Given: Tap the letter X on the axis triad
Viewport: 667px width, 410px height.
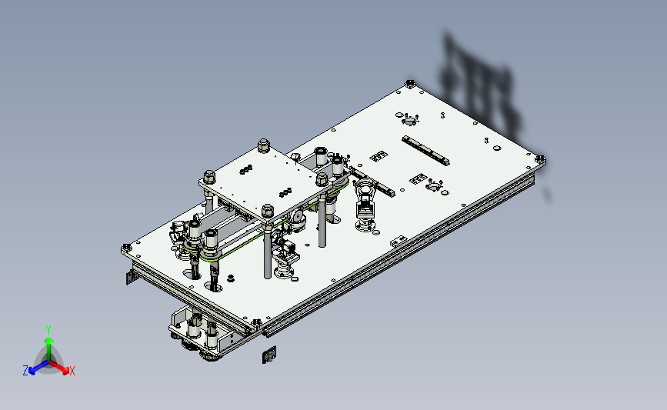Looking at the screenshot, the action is click(72, 371).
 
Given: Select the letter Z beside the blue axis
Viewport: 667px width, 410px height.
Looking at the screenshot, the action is click(25, 371).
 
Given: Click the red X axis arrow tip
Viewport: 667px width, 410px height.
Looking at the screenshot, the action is click(65, 371).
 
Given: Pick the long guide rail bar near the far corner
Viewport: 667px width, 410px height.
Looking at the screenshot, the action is click(425, 151).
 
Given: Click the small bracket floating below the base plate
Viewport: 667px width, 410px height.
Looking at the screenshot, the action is click(268, 355).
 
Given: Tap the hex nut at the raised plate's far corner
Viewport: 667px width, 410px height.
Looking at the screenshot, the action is click(264, 145).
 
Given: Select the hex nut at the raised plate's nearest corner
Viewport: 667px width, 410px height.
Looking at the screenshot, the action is click(268, 211).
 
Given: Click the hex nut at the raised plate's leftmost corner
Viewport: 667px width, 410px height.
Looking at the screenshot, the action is click(209, 176).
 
